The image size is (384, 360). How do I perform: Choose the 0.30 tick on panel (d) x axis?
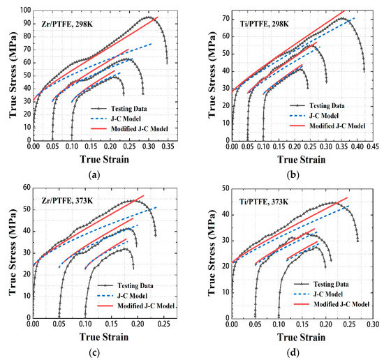pos(373,324)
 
